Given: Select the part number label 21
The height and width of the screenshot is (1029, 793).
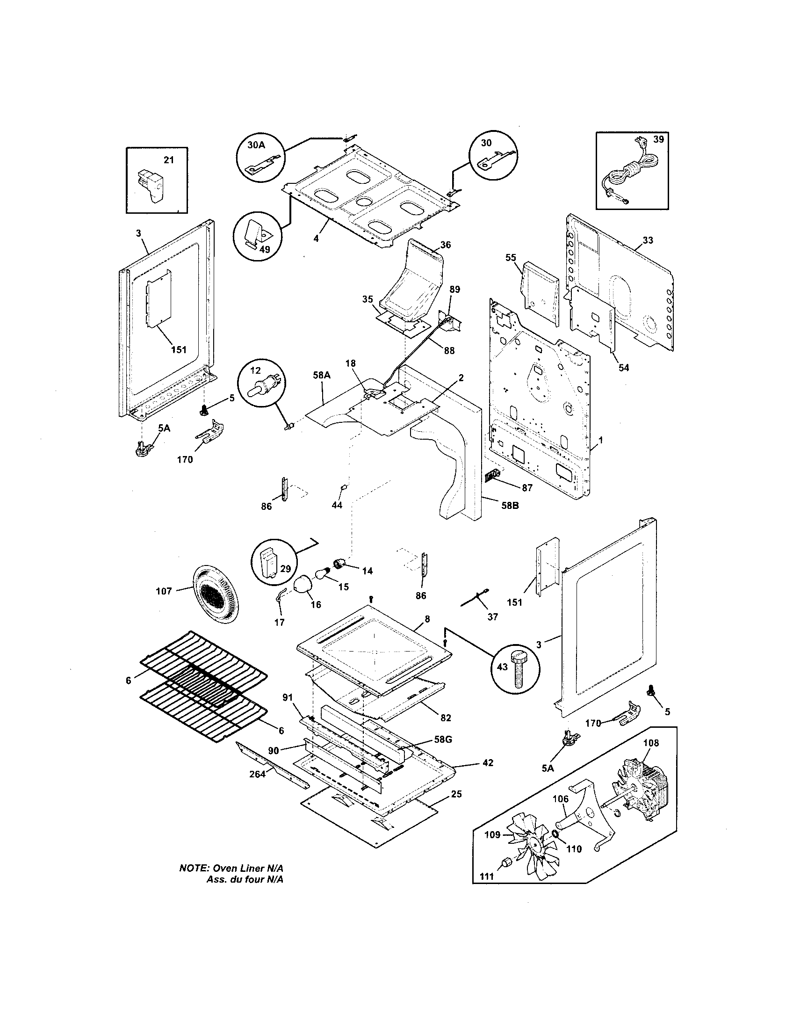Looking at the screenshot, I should click(x=169, y=160).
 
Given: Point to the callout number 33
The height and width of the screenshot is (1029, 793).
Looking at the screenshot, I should click(x=648, y=240).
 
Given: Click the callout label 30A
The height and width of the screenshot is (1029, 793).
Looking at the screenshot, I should click(x=256, y=145).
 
